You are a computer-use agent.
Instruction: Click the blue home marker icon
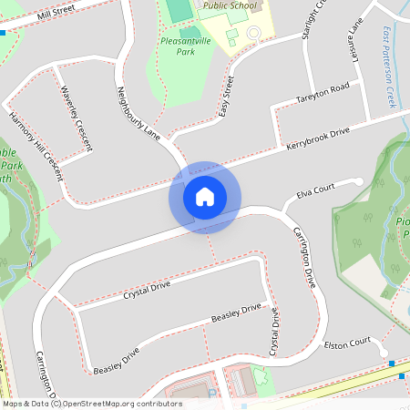[x=205, y=196]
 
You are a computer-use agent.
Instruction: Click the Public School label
[x=230, y=5]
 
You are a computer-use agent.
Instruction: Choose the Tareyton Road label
[x=323, y=91]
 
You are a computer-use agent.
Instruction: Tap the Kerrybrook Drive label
[x=318, y=139]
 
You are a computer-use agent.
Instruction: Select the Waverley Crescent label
[x=71, y=110]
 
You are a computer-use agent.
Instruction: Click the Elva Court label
[x=315, y=191]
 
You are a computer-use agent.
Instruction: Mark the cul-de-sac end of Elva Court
[x=359, y=180]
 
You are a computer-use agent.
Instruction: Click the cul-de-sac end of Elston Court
[x=384, y=353]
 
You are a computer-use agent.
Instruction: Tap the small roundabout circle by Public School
[x=252, y=33]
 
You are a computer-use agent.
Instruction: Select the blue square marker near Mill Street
[x=4, y=32]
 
